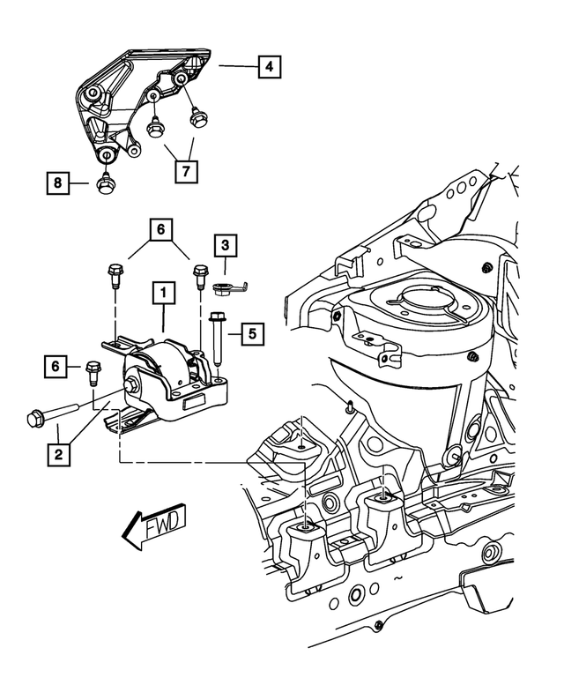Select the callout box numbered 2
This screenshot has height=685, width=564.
click(58, 455)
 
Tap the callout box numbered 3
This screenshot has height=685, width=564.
click(226, 244)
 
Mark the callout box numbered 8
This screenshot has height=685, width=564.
click(58, 183)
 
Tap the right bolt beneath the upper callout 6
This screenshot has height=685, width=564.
click(198, 276)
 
